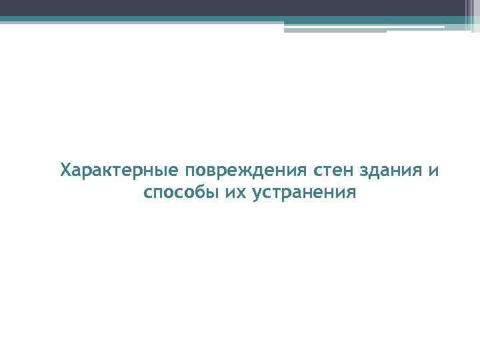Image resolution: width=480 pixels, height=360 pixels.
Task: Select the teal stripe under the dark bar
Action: click(x=200, y=19)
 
